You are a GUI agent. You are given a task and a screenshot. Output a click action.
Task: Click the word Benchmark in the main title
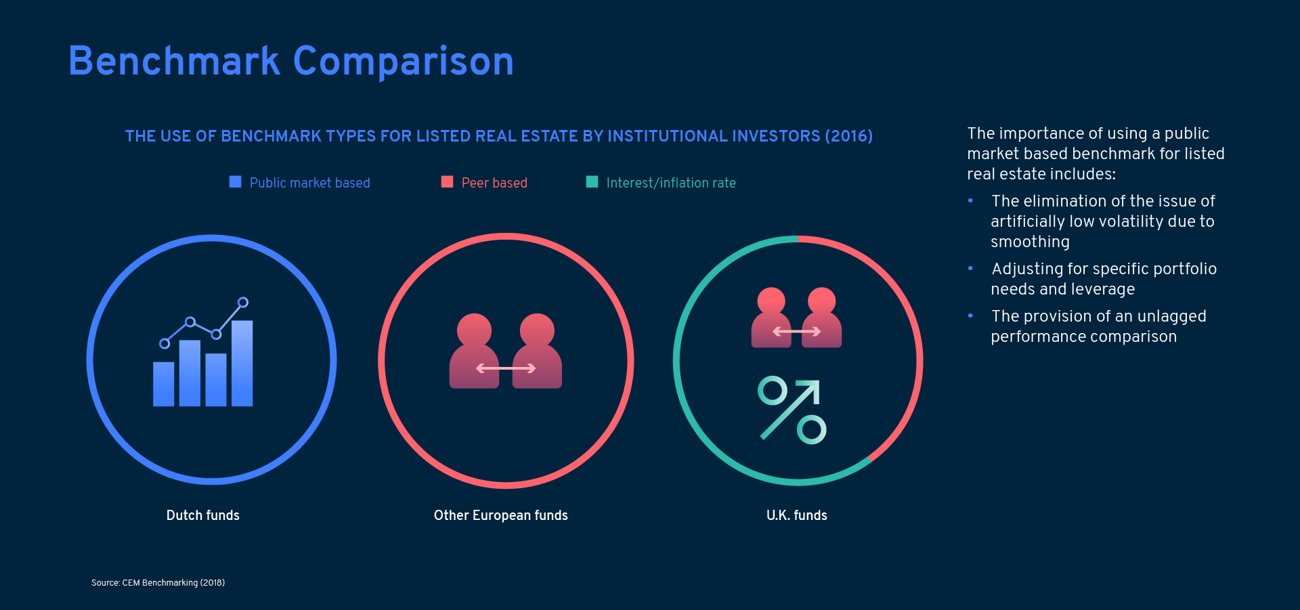[174, 61]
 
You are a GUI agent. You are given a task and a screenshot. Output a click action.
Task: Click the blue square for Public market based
[236, 181]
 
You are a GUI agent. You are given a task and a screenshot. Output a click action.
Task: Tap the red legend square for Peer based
[447, 181]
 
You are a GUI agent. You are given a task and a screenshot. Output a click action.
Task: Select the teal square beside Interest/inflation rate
[592, 181]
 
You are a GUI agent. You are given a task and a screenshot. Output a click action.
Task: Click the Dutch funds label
[203, 515]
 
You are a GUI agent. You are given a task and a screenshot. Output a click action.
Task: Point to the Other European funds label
[501, 515]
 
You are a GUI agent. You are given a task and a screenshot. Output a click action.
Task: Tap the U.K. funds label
[797, 515]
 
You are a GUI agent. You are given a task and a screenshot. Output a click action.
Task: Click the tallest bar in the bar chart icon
[242, 364]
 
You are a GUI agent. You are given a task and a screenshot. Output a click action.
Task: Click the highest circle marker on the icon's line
[243, 303]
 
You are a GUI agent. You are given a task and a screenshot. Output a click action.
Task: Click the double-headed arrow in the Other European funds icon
[506, 368]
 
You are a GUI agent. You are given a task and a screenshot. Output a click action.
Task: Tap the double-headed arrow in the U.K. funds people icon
[797, 332]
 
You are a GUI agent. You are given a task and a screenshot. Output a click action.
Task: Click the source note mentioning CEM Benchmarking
[158, 583]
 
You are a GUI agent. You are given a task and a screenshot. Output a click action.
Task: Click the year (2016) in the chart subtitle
[849, 136]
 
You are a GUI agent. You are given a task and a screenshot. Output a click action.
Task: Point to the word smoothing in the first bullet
[1030, 242]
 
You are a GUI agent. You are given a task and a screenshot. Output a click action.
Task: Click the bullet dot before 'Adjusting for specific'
[970, 268]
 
